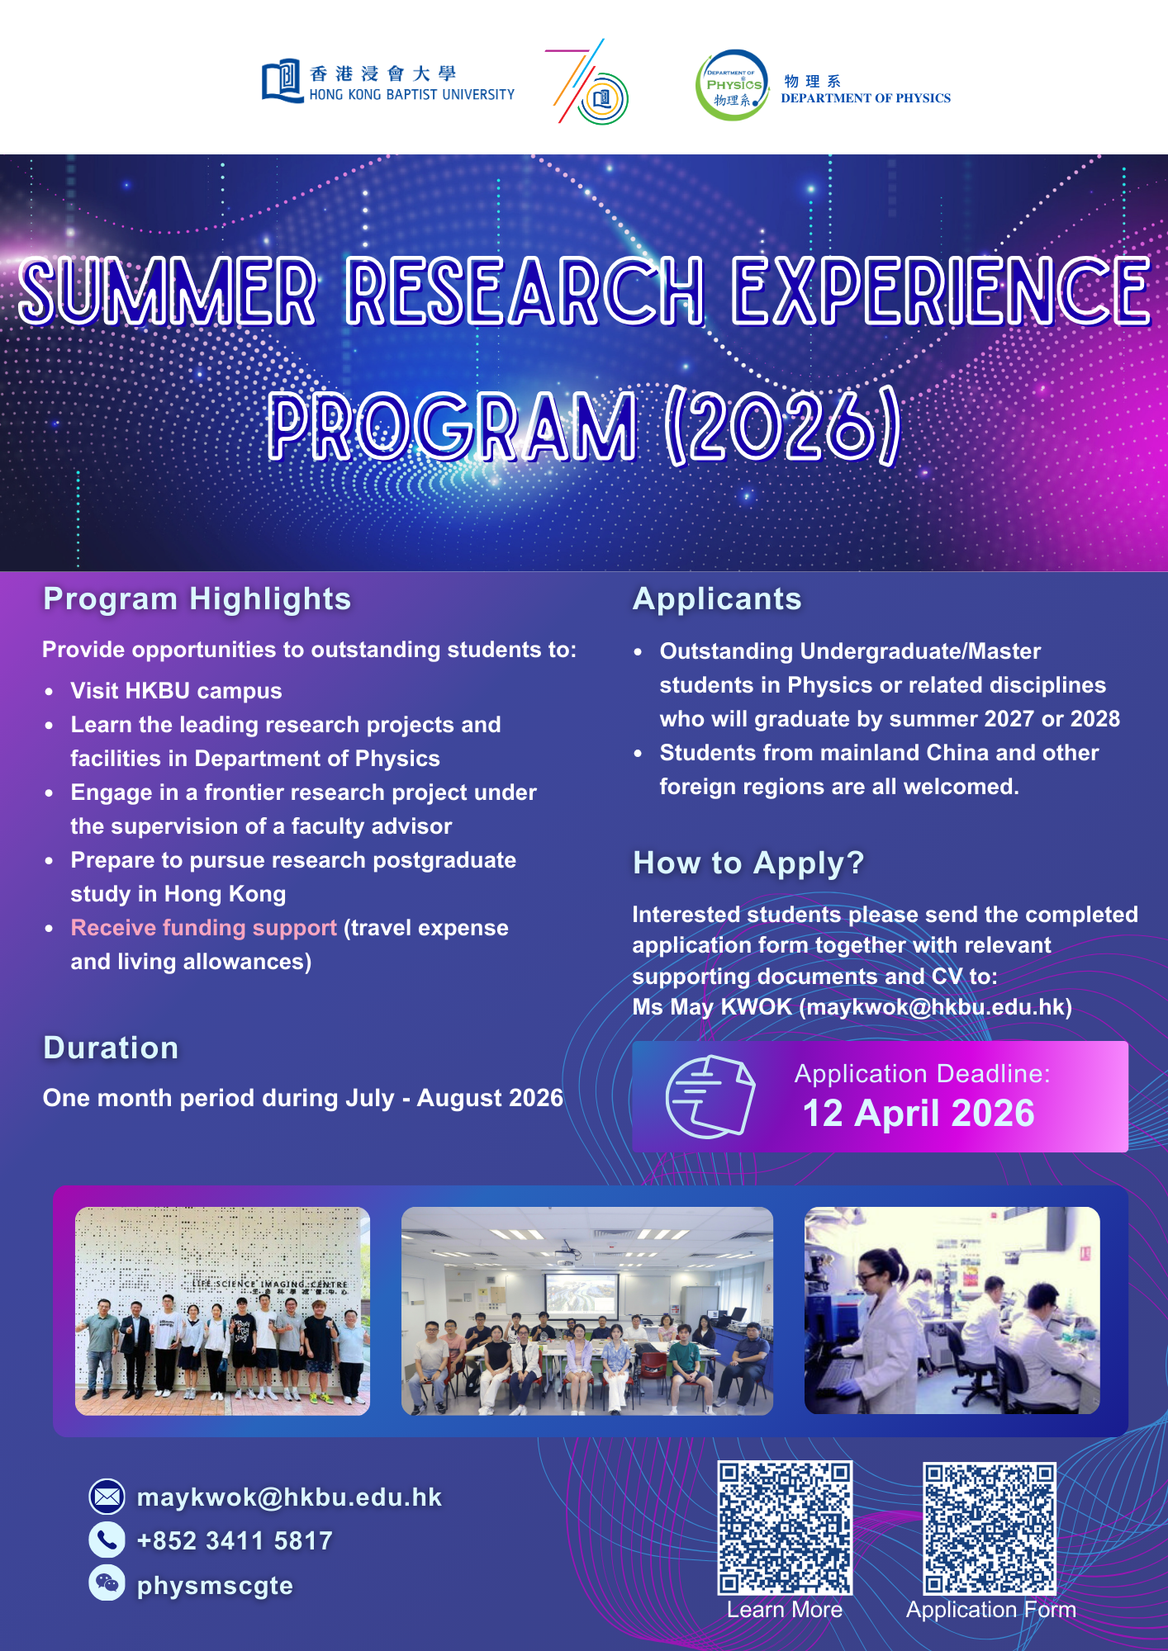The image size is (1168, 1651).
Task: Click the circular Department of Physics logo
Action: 731,86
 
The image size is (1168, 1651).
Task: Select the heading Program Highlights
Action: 197,598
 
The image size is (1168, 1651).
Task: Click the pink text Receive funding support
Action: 203,928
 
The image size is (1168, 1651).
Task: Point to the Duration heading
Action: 111,1048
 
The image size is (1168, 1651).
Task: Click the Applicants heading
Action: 717,598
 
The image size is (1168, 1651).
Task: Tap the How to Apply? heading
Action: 748,863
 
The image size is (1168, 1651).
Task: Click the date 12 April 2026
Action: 918,1114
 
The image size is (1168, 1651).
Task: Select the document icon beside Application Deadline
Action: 710,1097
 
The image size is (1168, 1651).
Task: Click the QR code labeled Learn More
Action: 785,1528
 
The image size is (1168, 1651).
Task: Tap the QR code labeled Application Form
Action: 990,1529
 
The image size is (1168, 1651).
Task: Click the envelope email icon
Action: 107,1497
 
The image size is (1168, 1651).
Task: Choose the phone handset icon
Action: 107,1540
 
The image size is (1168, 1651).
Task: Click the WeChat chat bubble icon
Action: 107,1582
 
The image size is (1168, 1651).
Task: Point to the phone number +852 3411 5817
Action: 235,1540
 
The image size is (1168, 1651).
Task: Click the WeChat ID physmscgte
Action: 215,1585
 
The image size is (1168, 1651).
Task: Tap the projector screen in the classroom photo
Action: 581,1294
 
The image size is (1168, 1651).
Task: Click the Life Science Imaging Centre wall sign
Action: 269,1284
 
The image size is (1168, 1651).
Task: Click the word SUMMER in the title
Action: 168,291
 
